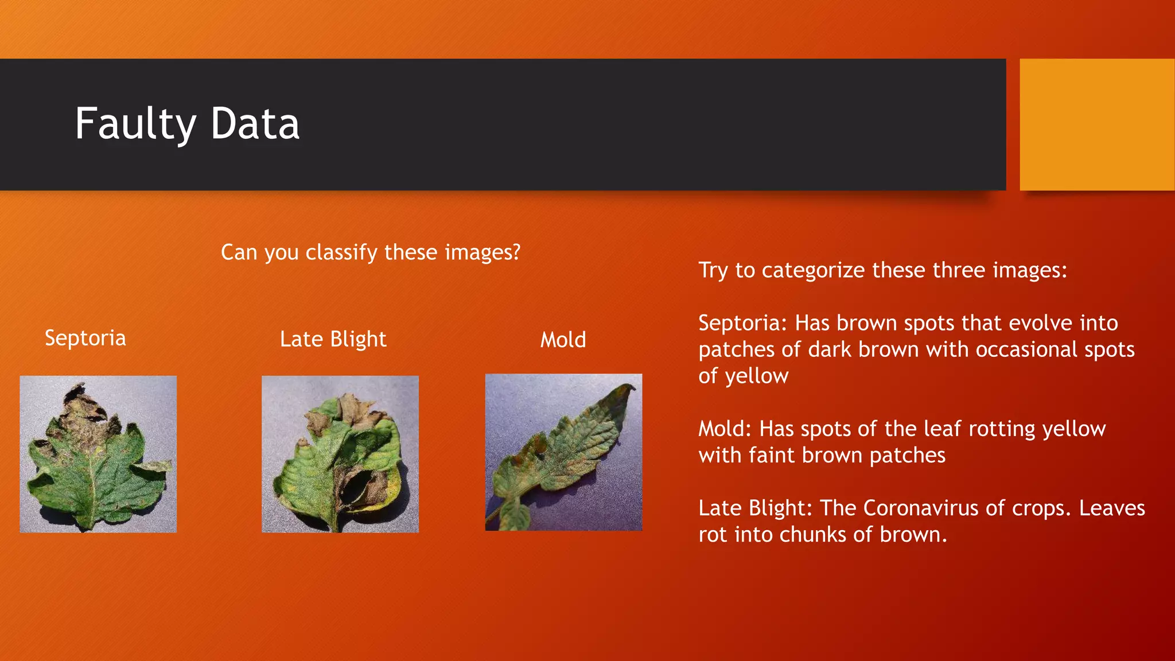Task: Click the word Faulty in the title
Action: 135,125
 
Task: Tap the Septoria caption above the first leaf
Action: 85,338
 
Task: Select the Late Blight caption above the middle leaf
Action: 333,339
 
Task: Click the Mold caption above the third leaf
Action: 563,340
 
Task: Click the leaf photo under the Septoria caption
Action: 98,454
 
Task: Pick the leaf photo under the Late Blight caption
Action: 340,454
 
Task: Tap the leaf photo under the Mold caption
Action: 563,452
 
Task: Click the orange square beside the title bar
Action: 1097,125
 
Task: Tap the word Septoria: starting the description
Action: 743,323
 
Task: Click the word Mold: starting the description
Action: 725,429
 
